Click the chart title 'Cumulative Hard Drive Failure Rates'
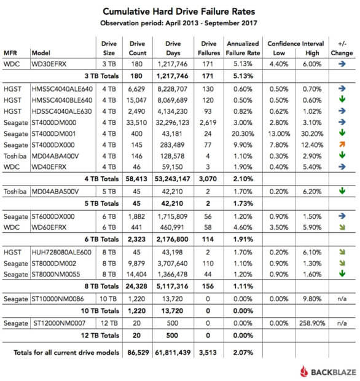(179, 12)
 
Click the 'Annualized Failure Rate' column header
(243, 49)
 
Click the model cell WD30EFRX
(50, 63)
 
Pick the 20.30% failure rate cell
(243, 132)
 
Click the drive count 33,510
(139, 122)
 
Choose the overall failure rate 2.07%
(243, 354)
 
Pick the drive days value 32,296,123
(174, 122)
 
